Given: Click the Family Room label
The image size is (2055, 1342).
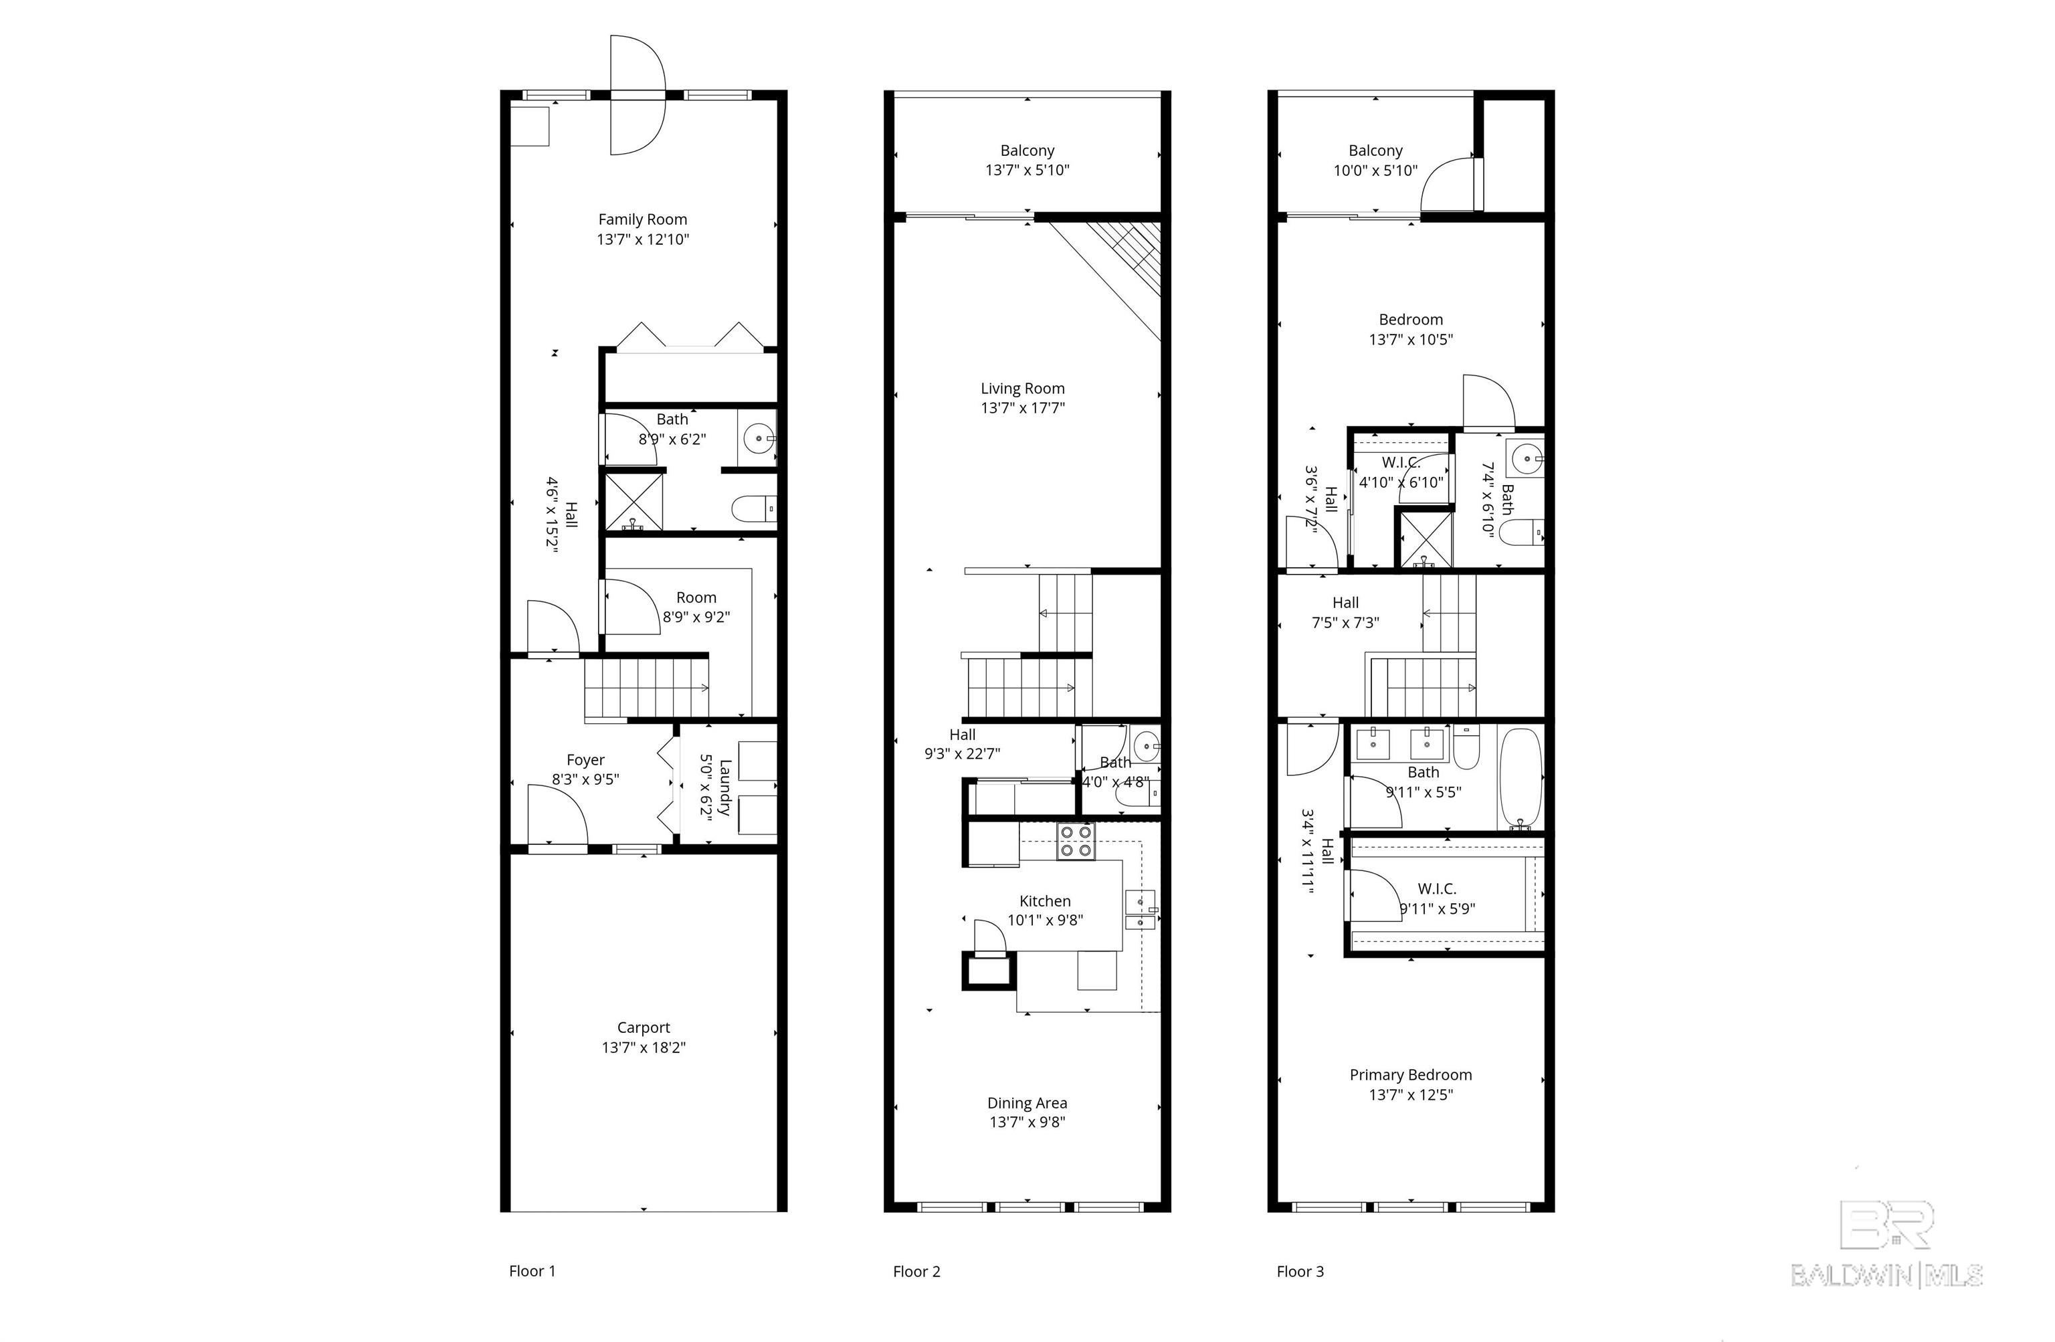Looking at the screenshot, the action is click(x=642, y=219).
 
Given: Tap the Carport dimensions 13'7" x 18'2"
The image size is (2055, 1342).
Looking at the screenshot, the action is click(x=644, y=1048).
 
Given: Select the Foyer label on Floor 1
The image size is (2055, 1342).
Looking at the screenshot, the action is click(x=585, y=760).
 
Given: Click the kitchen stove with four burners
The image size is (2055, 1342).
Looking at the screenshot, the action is click(x=1076, y=841).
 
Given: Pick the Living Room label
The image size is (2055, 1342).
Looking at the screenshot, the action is click(x=1022, y=389).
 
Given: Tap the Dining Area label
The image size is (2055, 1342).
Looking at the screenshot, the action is click(x=1027, y=1103).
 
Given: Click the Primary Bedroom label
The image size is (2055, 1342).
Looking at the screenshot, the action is click(x=1411, y=1075).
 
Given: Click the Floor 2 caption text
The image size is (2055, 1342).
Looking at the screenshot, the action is click(x=916, y=1271).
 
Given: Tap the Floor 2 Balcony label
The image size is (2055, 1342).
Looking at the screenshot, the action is click(x=1027, y=151).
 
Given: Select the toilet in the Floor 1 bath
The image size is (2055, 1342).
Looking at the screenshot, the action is click(x=754, y=508).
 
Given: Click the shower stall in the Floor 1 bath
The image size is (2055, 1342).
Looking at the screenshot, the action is click(x=633, y=502).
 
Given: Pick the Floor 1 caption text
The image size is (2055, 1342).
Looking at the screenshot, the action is click(x=532, y=1271).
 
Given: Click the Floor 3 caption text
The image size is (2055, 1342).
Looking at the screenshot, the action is click(x=1300, y=1271).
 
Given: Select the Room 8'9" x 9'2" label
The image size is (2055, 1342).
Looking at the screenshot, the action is click(x=696, y=607).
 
